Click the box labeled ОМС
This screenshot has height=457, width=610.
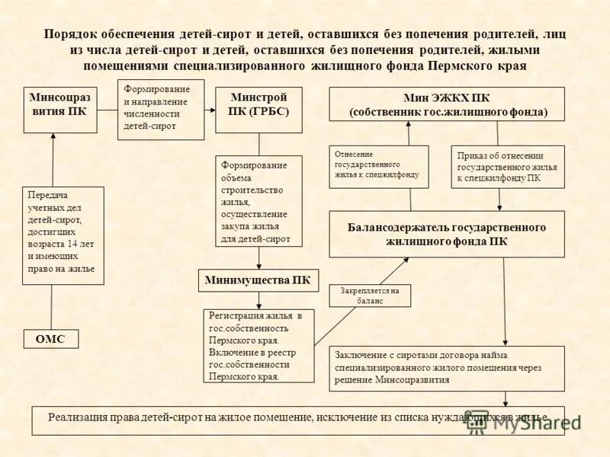click(51, 339)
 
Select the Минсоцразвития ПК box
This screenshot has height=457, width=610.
click(59, 110)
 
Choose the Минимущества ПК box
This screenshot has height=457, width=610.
click(258, 280)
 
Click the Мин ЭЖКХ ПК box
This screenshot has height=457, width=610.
click(447, 104)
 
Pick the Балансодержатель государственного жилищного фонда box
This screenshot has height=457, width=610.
click(447, 234)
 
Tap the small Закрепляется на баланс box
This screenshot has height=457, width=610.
click(370, 296)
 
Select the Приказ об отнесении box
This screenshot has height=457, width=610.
click(508, 167)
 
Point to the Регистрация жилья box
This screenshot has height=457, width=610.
click(259, 345)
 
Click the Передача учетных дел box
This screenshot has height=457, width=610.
click(63, 235)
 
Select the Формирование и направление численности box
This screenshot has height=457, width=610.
click(161, 109)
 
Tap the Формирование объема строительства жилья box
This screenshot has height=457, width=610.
click(259, 201)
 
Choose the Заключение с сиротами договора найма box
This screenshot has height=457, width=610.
click(447, 368)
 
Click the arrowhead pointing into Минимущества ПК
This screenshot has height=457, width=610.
click(259, 266)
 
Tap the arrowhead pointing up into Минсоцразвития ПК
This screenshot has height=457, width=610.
click(53, 138)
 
